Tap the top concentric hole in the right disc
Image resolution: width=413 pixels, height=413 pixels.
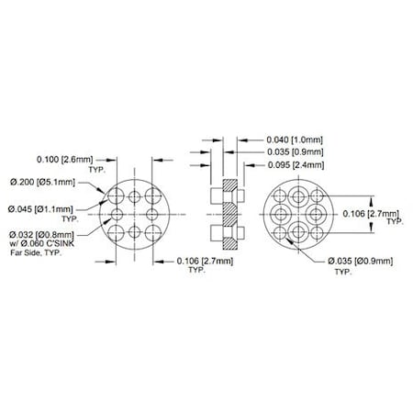pos(299,196)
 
